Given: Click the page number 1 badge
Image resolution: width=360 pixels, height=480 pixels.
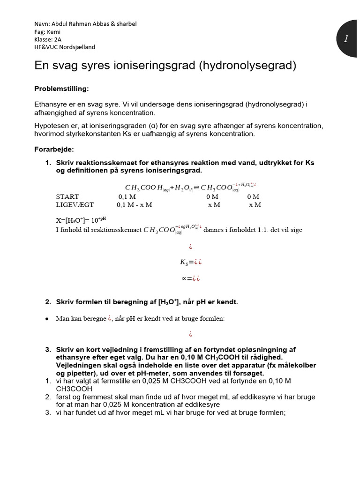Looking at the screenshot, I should (346, 39).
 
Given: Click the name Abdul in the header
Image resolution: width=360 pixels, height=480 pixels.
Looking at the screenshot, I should (59, 24).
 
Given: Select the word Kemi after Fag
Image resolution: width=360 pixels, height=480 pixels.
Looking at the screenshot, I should (54, 31).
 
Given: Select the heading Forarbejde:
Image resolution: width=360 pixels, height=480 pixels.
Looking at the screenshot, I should (54, 150).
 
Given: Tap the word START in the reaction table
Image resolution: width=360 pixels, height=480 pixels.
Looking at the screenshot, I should (67, 197).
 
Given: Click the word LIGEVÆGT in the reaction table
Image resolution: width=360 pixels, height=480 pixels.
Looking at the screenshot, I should (75, 205).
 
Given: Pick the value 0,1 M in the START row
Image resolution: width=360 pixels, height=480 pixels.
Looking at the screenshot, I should (127, 197).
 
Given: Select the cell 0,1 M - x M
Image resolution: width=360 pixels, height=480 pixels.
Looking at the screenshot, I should (134, 205).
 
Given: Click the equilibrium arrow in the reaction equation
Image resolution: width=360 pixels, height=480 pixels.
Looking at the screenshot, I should (196, 187).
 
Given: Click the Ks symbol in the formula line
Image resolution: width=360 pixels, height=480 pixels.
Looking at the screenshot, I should (184, 262).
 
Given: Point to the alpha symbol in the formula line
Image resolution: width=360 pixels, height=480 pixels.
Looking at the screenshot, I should (184, 278).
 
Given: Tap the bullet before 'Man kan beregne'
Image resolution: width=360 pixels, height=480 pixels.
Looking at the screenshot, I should (47, 319).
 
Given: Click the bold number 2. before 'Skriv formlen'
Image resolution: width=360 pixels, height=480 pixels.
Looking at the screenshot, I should (48, 302).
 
